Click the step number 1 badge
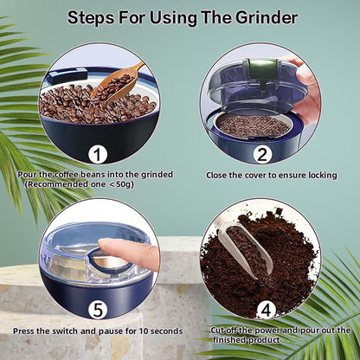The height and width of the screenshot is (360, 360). [x=98, y=155]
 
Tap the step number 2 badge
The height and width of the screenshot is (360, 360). [x=260, y=155]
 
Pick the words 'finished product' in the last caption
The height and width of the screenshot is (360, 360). [x=261, y=340]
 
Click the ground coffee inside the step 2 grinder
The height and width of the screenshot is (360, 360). [x=253, y=124]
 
